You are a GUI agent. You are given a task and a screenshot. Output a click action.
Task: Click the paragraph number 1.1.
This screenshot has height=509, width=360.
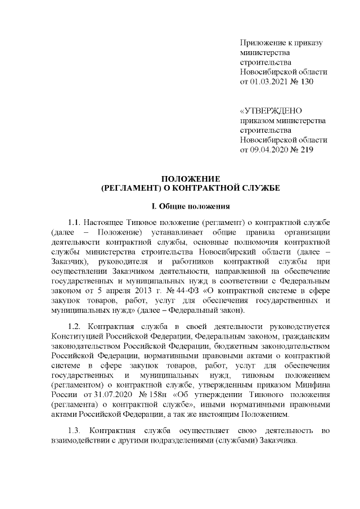tap(75, 223)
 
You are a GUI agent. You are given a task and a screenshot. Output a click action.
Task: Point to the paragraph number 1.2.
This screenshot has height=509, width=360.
tap(75, 328)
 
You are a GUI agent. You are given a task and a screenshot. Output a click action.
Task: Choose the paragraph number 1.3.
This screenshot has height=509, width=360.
tap(75, 432)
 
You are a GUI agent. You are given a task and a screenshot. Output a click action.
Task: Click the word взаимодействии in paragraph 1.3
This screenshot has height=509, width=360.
tap(83, 442)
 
